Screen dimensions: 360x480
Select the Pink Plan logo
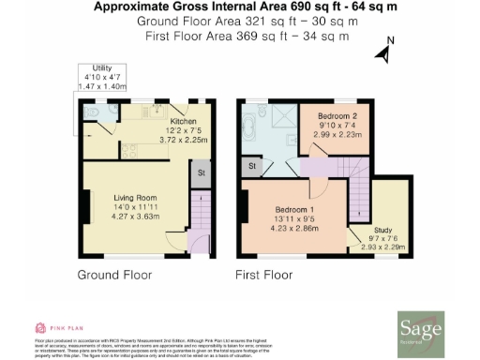click(x=52, y=327)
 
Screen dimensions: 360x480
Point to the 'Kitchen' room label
click(x=183, y=121)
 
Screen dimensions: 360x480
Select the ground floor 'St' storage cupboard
click(x=200, y=173)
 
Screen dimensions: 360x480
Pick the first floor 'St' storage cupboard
click(x=252, y=167)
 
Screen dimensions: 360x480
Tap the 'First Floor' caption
click(x=265, y=277)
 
